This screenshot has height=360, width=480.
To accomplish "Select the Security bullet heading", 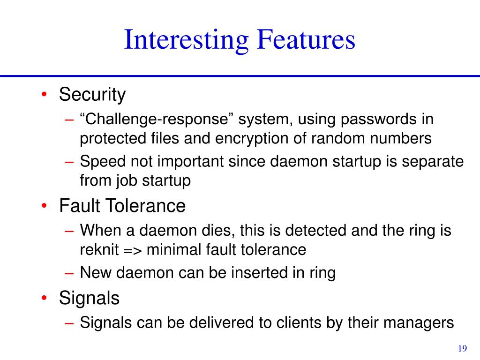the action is click(92, 95).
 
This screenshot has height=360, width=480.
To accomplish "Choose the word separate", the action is click(432, 162).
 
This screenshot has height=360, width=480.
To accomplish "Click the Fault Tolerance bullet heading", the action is click(122, 206).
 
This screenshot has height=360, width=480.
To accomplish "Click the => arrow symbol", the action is click(133, 249).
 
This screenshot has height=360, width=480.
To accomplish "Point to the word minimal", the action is click(174, 249).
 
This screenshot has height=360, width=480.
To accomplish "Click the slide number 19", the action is click(462, 348).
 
